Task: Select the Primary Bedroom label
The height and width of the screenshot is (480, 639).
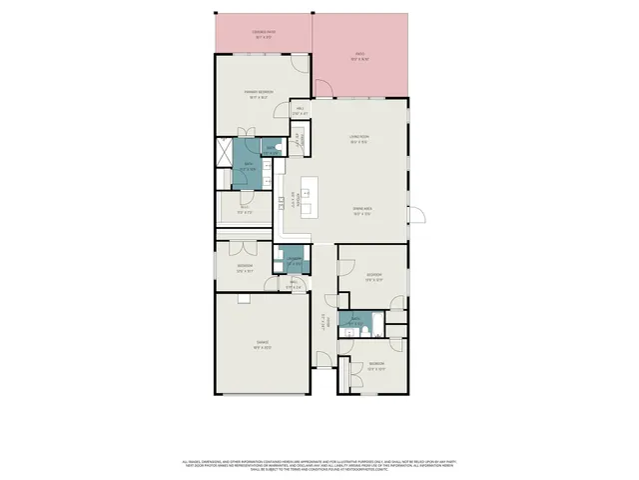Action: pyautogui.click(x=260, y=96)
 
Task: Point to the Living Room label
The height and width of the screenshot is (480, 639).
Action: pyautogui.click(x=359, y=140)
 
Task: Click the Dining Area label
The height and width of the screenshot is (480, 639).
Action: pyautogui.click(x=361, y=210)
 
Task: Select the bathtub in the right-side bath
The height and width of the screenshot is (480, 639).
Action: pyautogui.click(x=351, y=321)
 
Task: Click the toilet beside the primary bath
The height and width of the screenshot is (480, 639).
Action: pyautogui.click(x=283, y=150)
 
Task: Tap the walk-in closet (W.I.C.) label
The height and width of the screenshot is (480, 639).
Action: pyautogui.click(x=245, y=211)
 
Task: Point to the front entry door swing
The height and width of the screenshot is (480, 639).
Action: pyautogui.click(x=322, y=360)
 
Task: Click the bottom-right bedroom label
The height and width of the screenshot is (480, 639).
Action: pyautogui.click(x=375, y=365)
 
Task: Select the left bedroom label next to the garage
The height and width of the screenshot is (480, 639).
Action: pyautogui.click(x=245, y=267)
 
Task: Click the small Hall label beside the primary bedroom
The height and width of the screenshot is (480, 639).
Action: pyautogui.click(x=300, y=112)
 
